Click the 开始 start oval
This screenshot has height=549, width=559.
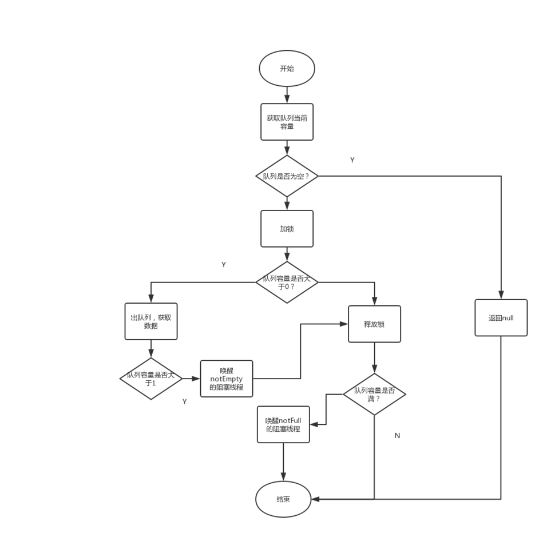point(287,69)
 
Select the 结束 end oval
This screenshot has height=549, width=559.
point(283,499)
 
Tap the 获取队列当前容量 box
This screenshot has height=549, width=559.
point(287,122)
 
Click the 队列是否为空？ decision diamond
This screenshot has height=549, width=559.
point(287,176)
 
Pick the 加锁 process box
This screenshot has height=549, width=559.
point(287,229)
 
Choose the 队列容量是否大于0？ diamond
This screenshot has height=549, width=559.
point(287,283)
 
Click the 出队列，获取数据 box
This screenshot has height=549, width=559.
point(151,321)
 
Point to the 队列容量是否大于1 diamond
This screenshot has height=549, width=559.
point(151,379)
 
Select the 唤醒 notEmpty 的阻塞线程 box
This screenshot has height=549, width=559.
point(227,379)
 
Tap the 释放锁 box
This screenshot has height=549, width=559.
point(374,324)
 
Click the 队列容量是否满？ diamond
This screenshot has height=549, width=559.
point(374,395)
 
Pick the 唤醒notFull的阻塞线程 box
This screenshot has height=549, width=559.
point(283,424)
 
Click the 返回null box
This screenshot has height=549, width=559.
point(501,318)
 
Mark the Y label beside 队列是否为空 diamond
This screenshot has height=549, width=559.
point(352,160)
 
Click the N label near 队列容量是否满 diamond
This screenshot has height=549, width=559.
point(397,436)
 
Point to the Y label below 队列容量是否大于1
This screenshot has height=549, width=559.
point(184,402)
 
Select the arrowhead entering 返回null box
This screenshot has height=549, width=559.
point(501,296)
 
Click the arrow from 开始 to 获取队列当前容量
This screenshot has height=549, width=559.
point(287,95)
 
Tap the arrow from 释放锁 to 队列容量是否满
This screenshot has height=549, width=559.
point(374,358)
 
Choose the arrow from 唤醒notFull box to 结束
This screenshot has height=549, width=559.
point(283,462)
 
